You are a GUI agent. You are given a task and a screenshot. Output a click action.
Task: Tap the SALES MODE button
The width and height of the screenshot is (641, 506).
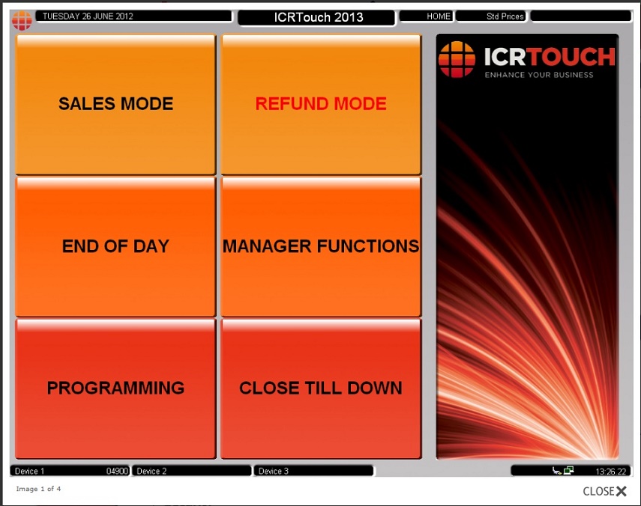(x=115, y=105)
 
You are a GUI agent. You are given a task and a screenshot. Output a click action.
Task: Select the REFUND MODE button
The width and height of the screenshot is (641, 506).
(x=321, y=105)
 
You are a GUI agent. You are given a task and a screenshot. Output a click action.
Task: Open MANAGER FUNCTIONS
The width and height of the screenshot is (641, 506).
(x=321, y=246)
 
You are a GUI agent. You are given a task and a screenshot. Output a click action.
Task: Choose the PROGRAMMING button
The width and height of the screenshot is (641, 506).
(x=115, y=388)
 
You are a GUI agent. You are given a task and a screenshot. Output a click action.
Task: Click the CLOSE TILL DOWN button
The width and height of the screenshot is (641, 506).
(x=321, y=388)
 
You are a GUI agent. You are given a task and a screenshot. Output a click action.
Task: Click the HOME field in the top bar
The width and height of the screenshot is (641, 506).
(x=427, y=16)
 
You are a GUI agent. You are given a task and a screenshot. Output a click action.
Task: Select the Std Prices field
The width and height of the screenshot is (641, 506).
(x=491, y=16)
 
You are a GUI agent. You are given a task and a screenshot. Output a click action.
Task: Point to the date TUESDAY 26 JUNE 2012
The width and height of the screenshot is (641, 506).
(x=88, y=16)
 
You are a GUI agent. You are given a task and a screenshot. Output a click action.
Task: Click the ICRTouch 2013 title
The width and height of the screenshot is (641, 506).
(x=318, y=17)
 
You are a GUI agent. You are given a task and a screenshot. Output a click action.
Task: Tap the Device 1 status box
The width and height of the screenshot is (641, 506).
(x=70, y=471)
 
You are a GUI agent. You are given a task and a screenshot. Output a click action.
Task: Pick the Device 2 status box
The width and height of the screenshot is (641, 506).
(x=191, y=471)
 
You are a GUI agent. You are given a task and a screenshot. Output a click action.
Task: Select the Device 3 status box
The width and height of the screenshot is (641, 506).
(x=313, y=471)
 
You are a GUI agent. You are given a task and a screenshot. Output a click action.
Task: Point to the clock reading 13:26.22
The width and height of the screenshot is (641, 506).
(x=610, y=472)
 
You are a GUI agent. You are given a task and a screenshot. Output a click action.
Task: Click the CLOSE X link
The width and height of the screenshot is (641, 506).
(x=604, y=491)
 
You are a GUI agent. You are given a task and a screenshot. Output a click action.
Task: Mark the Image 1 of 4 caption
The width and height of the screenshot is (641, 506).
(x=38, y=489)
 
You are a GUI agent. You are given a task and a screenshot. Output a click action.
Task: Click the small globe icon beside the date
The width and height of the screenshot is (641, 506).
(x=22, y=20)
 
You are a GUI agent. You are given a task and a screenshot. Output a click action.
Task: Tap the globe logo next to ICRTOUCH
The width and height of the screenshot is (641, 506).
(x=457, y=60)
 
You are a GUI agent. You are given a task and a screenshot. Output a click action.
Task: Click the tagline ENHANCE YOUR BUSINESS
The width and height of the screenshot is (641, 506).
(x=539, y=75)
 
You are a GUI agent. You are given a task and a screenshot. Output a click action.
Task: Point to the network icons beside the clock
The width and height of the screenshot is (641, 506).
(x=563, y=471)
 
